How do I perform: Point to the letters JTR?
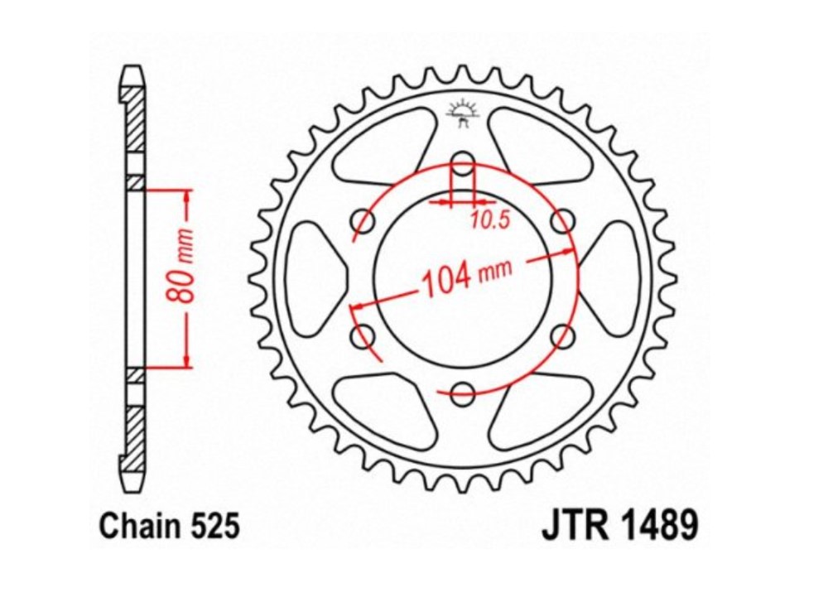[570, 526]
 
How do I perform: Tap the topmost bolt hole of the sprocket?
[463, 162]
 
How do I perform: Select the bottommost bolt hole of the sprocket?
[463, 393]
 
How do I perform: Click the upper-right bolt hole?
[563, 220]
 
